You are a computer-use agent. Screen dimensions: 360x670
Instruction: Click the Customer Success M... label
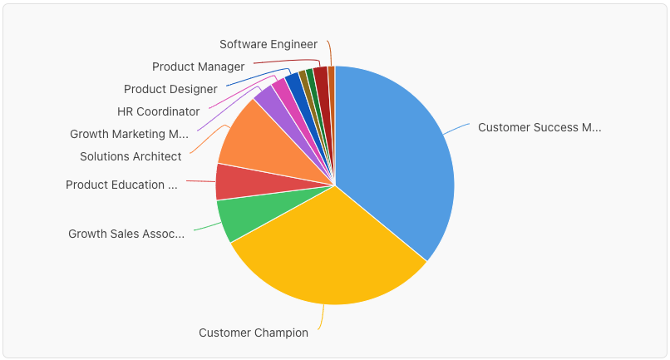coord(539,128)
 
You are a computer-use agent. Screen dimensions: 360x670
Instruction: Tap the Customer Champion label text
coord(254,333)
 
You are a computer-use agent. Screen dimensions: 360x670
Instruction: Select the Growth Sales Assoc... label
coord(126,234)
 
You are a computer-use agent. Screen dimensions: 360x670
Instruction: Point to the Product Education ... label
coord(121,185)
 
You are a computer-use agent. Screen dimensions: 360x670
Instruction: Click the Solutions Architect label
coord(131,156)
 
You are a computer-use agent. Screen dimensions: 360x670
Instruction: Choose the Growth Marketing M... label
coord(129,134)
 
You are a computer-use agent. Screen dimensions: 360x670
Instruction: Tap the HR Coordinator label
coord(158,111)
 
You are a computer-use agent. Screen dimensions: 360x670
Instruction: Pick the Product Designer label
coord(170,89)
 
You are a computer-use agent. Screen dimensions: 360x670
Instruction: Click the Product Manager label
coord(198,67)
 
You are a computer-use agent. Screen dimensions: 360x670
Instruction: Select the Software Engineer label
coord(268,44)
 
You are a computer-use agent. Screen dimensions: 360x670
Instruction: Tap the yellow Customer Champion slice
coord(324,249)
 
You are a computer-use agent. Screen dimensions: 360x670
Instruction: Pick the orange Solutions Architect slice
coord(249,137)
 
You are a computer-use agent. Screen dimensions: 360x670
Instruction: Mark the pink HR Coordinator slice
coord(280,89)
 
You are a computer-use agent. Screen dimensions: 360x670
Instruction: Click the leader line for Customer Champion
coord(323,317)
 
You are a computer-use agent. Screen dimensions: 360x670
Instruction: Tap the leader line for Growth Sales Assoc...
coord(204,226)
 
